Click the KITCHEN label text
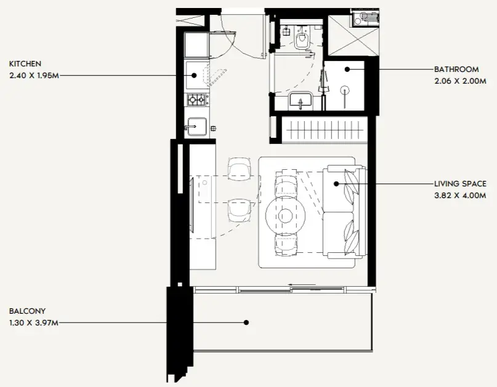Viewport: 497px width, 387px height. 25,63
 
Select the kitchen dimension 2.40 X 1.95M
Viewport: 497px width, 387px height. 34,76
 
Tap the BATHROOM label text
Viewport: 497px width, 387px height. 456,70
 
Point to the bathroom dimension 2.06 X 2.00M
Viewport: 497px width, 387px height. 460,81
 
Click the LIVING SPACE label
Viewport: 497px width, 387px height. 460,184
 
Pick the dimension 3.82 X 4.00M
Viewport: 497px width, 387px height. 460,196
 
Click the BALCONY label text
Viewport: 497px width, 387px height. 27,311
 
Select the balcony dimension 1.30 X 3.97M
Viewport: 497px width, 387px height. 34,323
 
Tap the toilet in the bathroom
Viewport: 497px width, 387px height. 301,38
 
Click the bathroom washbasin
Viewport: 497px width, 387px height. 300,100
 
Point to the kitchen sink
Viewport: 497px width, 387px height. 197,127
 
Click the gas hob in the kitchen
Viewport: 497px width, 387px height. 196,100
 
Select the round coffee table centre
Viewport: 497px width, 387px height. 286,216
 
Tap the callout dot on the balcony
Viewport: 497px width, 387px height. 246,322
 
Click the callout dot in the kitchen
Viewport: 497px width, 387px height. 194,76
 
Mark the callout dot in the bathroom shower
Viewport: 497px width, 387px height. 347,69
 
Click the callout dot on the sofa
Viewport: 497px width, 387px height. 336,183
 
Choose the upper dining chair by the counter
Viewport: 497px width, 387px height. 240,167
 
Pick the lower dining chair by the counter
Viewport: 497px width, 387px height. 240,210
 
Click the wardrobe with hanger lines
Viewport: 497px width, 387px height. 325,130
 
